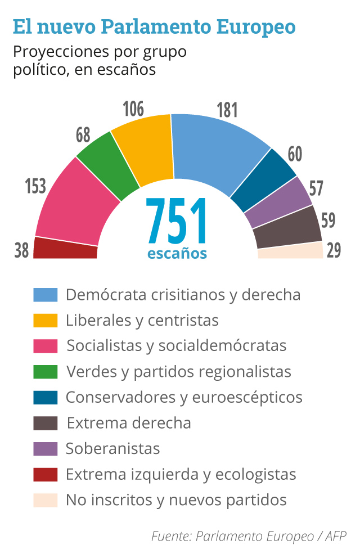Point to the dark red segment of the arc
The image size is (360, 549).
click(65, 248)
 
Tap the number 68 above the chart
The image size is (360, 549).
click(83, 136)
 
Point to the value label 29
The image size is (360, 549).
click(334, 250)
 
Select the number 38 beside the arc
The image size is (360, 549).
click(21, 250)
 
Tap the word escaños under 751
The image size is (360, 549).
click(177, 254)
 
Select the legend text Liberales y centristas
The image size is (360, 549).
click(142, 320)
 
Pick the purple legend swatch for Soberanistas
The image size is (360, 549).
click(46, 448)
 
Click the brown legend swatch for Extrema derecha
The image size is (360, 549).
click(46, 423)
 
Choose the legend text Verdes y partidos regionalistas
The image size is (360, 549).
click(178, 371)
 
